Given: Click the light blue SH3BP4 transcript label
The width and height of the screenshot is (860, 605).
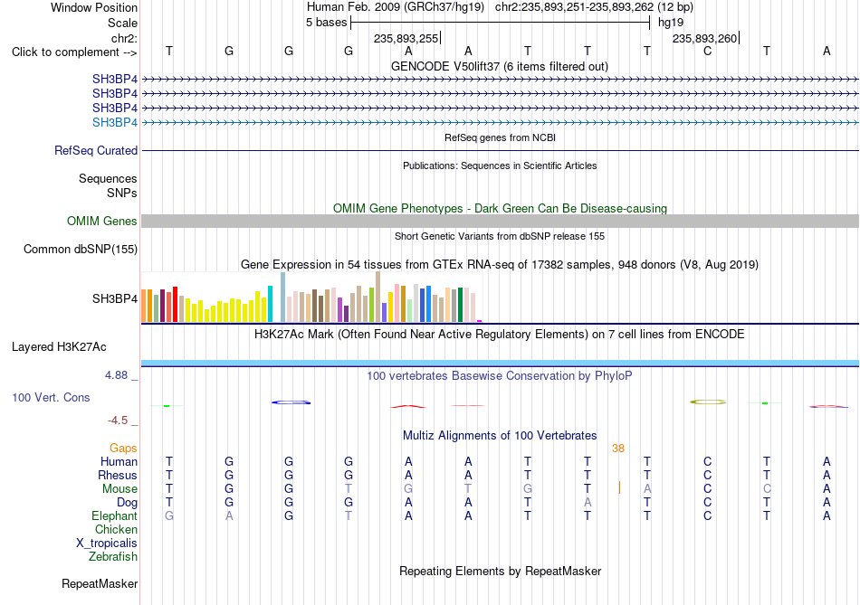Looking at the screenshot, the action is click(115, 122).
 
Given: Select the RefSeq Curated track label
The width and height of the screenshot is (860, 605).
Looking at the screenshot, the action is click(96, 150).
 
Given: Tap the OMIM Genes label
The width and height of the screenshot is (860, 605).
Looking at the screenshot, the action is click(102, 221).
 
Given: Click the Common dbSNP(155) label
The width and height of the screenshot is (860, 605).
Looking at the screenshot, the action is click(81, 249).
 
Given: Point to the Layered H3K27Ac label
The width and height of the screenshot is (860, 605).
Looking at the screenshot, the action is click(59, 347).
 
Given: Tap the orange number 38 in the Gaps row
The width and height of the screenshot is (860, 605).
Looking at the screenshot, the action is click(618, 449).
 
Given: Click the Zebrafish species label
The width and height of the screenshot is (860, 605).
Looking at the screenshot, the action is click(113, 556).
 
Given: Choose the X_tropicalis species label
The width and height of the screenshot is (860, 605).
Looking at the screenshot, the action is click(107, 544).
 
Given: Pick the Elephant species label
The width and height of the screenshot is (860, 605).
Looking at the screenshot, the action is click(115, 515).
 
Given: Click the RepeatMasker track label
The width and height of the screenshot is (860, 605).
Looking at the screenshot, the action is click(100, 583).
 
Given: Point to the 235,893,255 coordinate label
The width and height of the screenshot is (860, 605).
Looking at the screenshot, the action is click(406, 38).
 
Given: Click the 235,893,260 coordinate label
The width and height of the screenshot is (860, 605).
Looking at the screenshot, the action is click(705, 38).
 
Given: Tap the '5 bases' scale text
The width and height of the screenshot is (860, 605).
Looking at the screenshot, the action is click(326, 23).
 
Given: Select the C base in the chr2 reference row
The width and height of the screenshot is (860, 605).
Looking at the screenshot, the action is click(708, 51).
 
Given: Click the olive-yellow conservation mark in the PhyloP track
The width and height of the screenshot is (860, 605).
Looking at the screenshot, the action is click(708, 402).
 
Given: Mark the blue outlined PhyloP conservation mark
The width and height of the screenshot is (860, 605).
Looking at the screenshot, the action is click(291, 402).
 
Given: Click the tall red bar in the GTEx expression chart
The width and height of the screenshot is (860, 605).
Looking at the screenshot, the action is click(175, 304).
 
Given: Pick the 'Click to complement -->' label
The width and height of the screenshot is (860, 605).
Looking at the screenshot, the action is click(74, 52).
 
